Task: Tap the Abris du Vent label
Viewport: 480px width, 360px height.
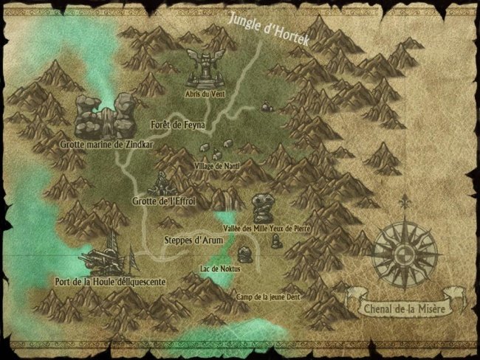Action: pyautogui.click(x=202, y=94)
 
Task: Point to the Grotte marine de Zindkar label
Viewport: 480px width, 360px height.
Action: pyautogui.click(x=107, y=145)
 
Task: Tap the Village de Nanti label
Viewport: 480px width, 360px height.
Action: pyautogui.click(x=217, y=167)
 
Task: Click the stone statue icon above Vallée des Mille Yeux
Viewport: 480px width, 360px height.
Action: pyautogui.click(x=261, y=208)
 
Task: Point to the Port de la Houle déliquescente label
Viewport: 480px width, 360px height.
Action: pyautogui.click(x=110, y=281)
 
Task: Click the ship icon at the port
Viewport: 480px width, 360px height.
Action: pyautogui.click(x=108, y=255)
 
